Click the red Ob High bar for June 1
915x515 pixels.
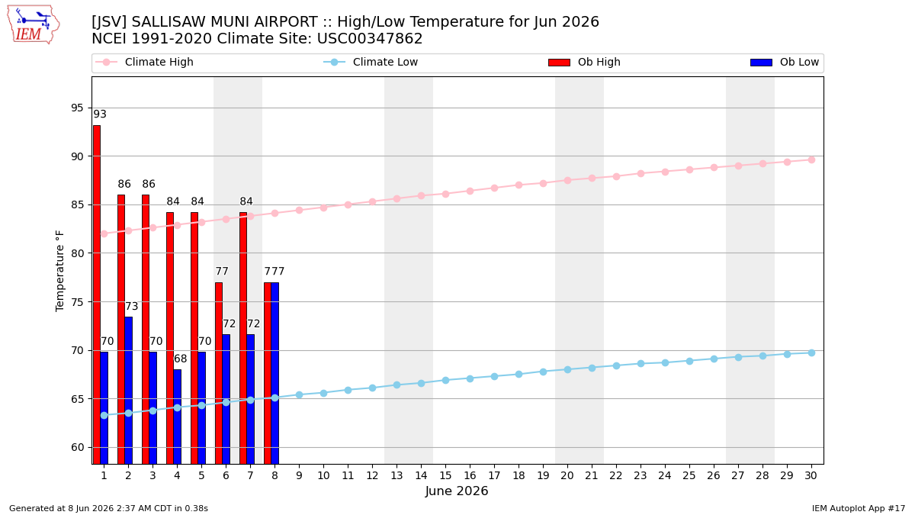click(96, 295)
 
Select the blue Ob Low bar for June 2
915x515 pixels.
click(128, 391)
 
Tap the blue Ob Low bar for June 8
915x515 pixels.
click(275, 373)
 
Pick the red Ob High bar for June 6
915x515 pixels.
click(219, 373)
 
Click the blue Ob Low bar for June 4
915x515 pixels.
click(177, 417)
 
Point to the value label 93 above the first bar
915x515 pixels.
click(100, 114)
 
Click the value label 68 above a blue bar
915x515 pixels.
click(180, 359)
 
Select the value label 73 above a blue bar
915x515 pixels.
click(131, 306)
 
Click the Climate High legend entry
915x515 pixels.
click(144, 62)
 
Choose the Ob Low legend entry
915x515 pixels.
click(785, 62)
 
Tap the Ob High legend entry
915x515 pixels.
click(584, 62)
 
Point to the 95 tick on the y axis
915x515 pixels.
click(77, 108)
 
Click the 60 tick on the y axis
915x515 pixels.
click(77, 447)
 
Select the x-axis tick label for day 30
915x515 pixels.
click(811, 475)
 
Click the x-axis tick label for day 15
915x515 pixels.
click(445, 475)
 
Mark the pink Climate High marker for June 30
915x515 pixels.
click(811, 159)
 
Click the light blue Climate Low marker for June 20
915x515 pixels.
click(567, 369)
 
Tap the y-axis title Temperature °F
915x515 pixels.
click(59, 271)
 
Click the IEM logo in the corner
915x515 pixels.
click(33, 24)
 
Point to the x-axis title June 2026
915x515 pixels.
click(457, 491)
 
